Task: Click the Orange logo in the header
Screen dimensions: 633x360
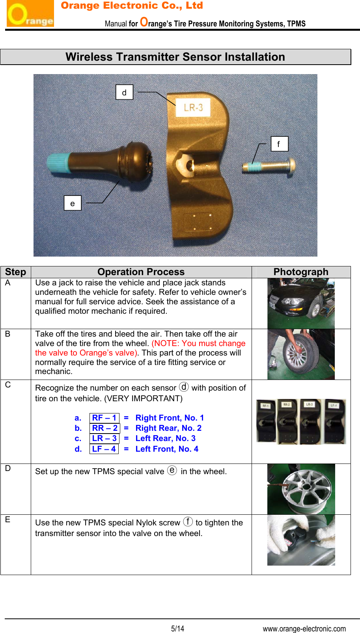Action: click(x=30, y=14)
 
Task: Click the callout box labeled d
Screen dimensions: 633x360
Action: click(x=124, y=92)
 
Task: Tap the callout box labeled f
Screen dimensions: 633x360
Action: click(x=279, y=144)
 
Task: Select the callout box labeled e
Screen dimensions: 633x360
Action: click(x=73, y=203)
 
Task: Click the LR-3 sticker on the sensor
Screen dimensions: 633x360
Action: click(x=193, y=107)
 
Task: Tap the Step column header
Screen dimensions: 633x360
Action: click(x=15, y=272)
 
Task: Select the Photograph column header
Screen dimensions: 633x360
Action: click(x=301, y=272)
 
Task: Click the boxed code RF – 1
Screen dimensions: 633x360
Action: click(x=104, y=418)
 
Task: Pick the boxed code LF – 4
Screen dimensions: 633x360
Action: click(x=104, y=449)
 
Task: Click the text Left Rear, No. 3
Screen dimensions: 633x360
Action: click(x=165, y=438)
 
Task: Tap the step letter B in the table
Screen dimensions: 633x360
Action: click(x=8, y=334)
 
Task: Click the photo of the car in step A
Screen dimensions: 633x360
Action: click(x=301, y=303)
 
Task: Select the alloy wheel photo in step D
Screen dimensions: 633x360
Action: click(x=301, y=489)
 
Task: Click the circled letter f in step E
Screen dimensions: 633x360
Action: click(x=188, y=522)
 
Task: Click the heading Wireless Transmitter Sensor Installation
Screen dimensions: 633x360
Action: click(x=175, y=57)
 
